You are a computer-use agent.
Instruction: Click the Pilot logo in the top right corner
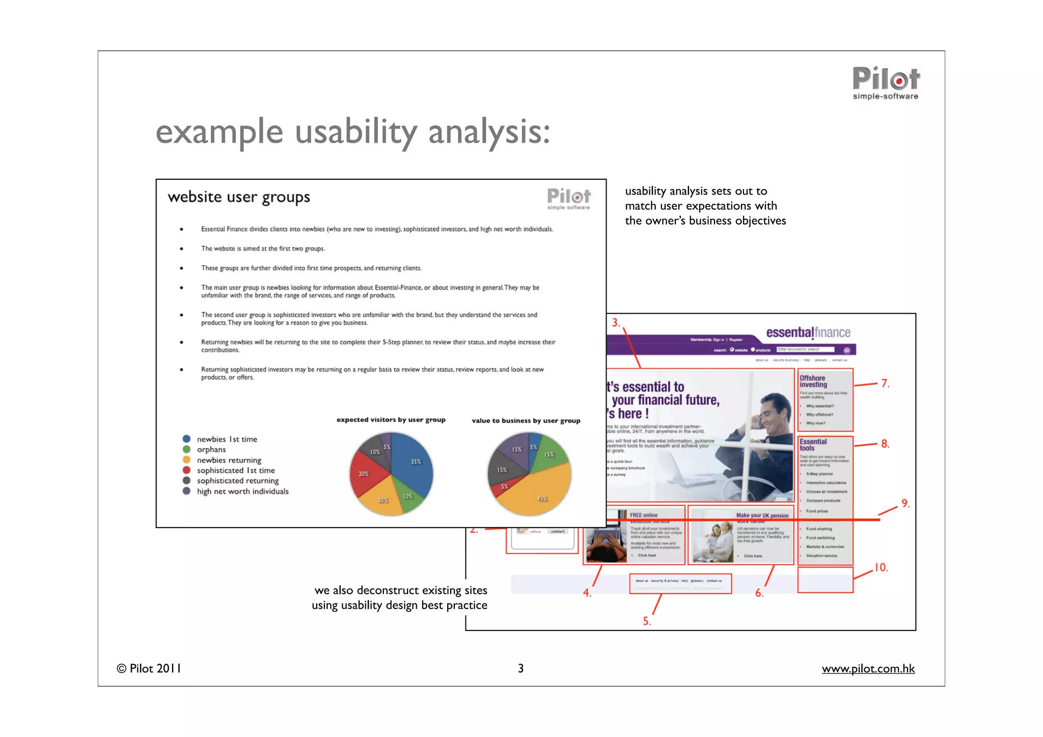tap(886, 83)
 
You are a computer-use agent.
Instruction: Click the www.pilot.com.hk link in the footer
tap(868, 668)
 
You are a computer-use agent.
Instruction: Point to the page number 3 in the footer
tap(520, 668)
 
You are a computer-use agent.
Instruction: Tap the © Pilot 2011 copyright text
tap(149, 668)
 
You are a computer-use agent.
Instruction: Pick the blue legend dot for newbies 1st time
tap(186, 439)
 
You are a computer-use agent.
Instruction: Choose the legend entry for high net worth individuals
tap(242, 492)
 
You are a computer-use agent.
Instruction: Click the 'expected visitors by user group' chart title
tap(391, 420)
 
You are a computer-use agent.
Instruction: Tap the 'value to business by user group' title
tap(526, 421)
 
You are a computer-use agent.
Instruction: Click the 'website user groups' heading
tap(239, 197)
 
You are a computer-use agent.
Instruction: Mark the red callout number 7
tap(885, 383)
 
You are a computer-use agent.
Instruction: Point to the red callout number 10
tap(881, 567)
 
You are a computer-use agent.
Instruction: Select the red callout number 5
tap(646, 621)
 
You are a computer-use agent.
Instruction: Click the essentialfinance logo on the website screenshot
tap(808, 333)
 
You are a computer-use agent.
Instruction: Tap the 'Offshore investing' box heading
tap(813, 381)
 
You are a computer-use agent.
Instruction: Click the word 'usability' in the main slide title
tap(355, 132)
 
